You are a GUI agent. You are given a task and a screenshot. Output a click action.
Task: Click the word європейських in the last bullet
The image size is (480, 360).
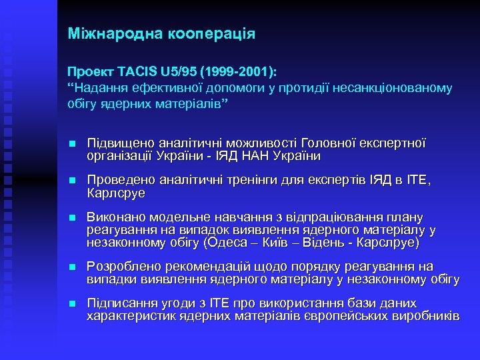tap(351, 315)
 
